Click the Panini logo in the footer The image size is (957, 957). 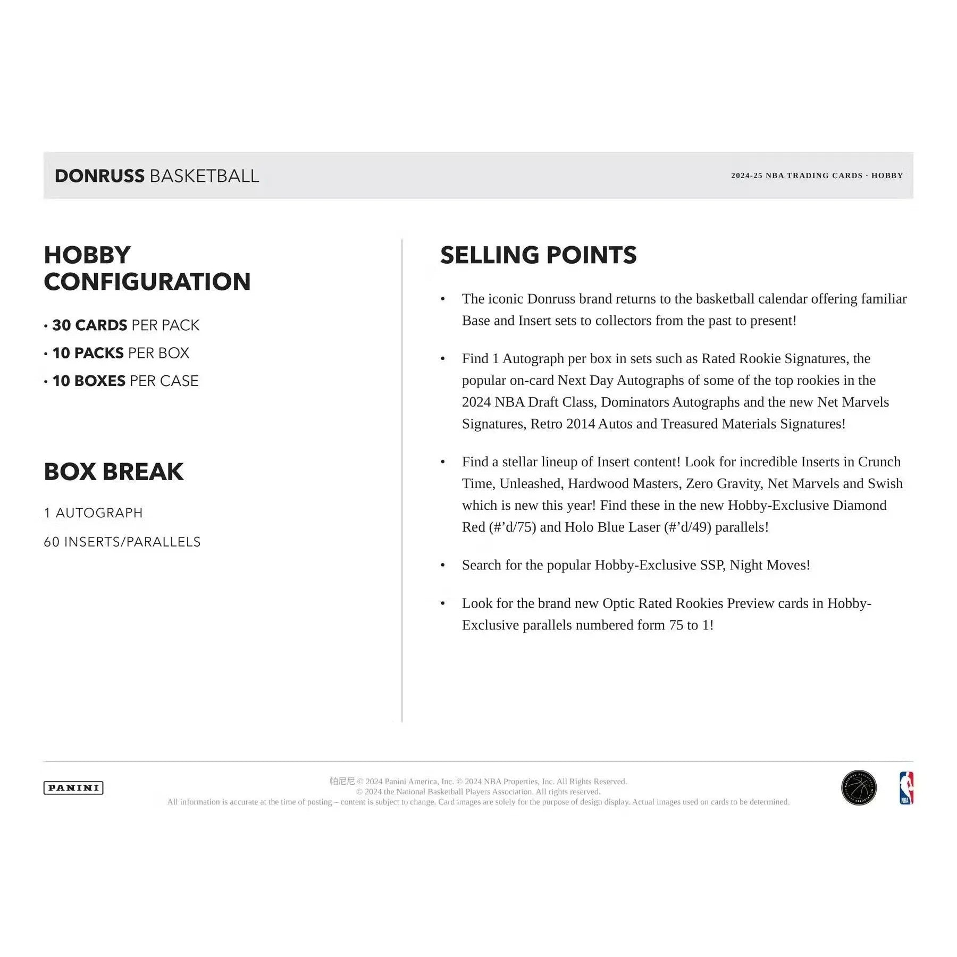click(x=73, y=788)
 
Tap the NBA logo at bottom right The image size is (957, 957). click(x=906, y=788)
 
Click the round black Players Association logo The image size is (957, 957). click(x=859, y=788)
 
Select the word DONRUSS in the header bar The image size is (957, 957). click(x=99, y=176)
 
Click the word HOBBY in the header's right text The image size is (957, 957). click(x=887, y=175)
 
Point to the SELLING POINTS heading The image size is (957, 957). click(x=538, y=255)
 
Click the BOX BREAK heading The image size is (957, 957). click(x=114, y=472)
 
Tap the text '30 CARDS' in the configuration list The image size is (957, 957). click(x=90, y=325)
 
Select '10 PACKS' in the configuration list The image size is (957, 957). click(x=88, y=353)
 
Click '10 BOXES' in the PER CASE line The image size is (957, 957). click(x=89, y=381)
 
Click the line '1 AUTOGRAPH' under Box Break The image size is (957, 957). click(x=94, y=513)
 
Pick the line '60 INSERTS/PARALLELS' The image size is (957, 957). click(x=122, y=542)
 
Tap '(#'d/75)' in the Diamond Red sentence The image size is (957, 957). click(x=512, y=527)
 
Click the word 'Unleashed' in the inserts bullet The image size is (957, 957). click(x=530, y=483)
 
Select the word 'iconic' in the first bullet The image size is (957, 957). click(x=506, y=299)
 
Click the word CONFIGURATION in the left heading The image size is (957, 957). click(x=147, y=282)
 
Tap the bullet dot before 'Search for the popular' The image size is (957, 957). click(x=442, y=565)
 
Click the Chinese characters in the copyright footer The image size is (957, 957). click(x=342, y=781)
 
